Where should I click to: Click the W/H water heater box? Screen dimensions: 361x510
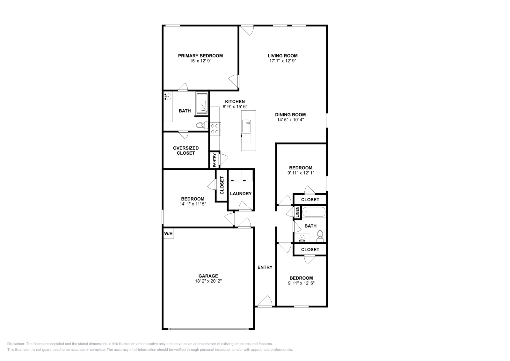168,233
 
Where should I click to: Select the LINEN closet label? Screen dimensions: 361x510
297,212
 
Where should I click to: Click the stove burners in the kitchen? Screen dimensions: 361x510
215,129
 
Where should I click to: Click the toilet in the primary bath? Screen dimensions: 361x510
201,126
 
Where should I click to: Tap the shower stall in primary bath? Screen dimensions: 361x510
201,103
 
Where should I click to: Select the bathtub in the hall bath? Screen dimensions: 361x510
314,211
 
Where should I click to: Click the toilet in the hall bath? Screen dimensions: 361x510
320,236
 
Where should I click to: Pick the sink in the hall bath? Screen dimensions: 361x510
302,238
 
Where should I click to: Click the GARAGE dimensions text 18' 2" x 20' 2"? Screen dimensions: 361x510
208,281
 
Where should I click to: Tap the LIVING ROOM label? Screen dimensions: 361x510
282,56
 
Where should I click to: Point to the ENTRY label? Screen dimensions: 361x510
265,267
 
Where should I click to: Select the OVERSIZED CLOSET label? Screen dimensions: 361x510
186,151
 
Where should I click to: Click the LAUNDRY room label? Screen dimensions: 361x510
241,194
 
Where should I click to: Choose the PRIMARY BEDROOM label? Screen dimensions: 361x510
200,56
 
